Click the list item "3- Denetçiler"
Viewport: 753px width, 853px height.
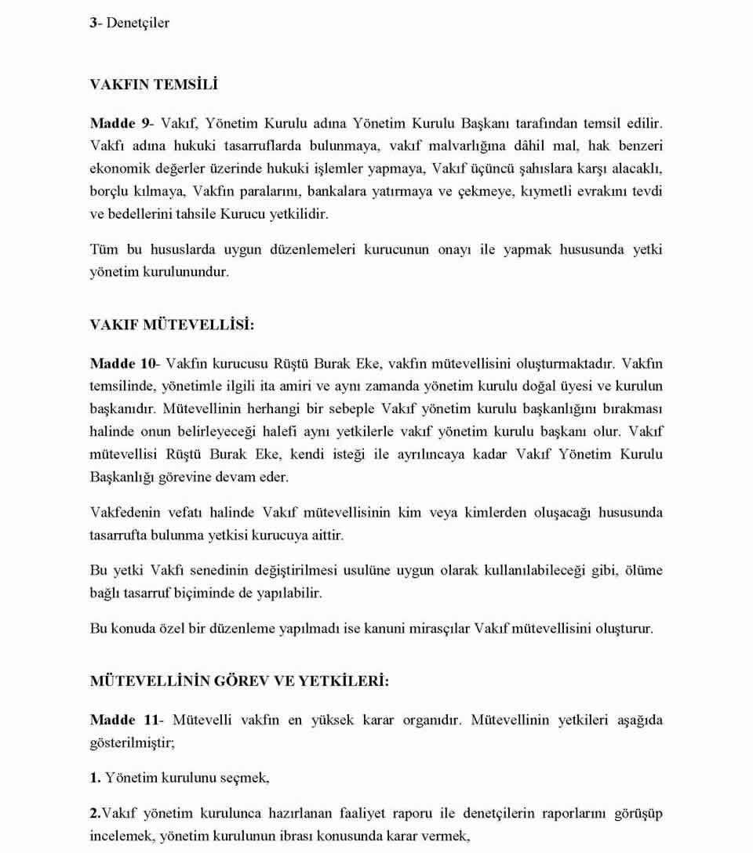coord(129,23)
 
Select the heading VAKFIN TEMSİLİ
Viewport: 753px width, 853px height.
coord(154,84)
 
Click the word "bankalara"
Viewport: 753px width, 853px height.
coord(336,192)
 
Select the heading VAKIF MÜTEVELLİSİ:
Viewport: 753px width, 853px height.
coord(173,324)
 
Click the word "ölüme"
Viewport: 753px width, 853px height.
coord(642,571)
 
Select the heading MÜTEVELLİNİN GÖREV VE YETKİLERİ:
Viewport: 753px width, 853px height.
coord(239,681)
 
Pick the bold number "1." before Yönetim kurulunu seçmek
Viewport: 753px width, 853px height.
coord(96,778)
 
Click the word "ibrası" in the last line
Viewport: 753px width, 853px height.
coord(283,836)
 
